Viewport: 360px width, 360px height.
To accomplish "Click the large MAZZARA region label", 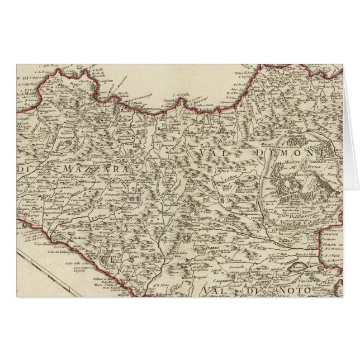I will (95, 167).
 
